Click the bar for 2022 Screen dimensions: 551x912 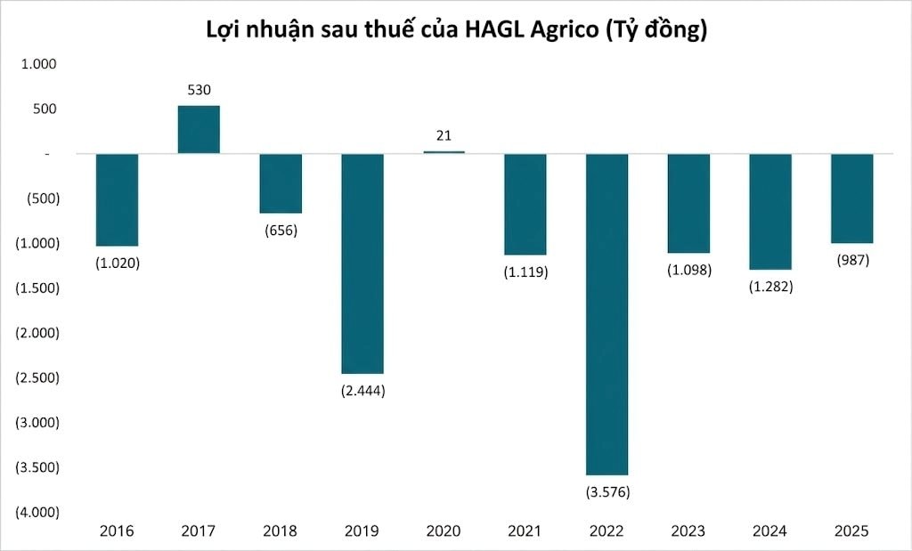click(607, 313)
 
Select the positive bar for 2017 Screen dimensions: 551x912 click(199, 130)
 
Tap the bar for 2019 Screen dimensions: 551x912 click(362, 263)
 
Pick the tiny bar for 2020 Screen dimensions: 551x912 click(444, 152)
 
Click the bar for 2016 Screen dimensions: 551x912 click(117, 199)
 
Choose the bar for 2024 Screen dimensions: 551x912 click(770, 211)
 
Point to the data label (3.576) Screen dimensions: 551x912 click(607, 491)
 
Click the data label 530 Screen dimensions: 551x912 click(199, 90)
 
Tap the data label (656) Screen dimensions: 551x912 click(280, 231)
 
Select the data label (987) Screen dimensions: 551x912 click(851, 260)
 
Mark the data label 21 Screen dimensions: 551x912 click(444, 135)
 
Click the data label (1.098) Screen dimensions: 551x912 click(688, 270)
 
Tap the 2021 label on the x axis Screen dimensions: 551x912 click(525, 531)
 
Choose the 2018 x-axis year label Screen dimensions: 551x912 click(280, 531)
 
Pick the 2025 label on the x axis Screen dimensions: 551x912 click(851, 531)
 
